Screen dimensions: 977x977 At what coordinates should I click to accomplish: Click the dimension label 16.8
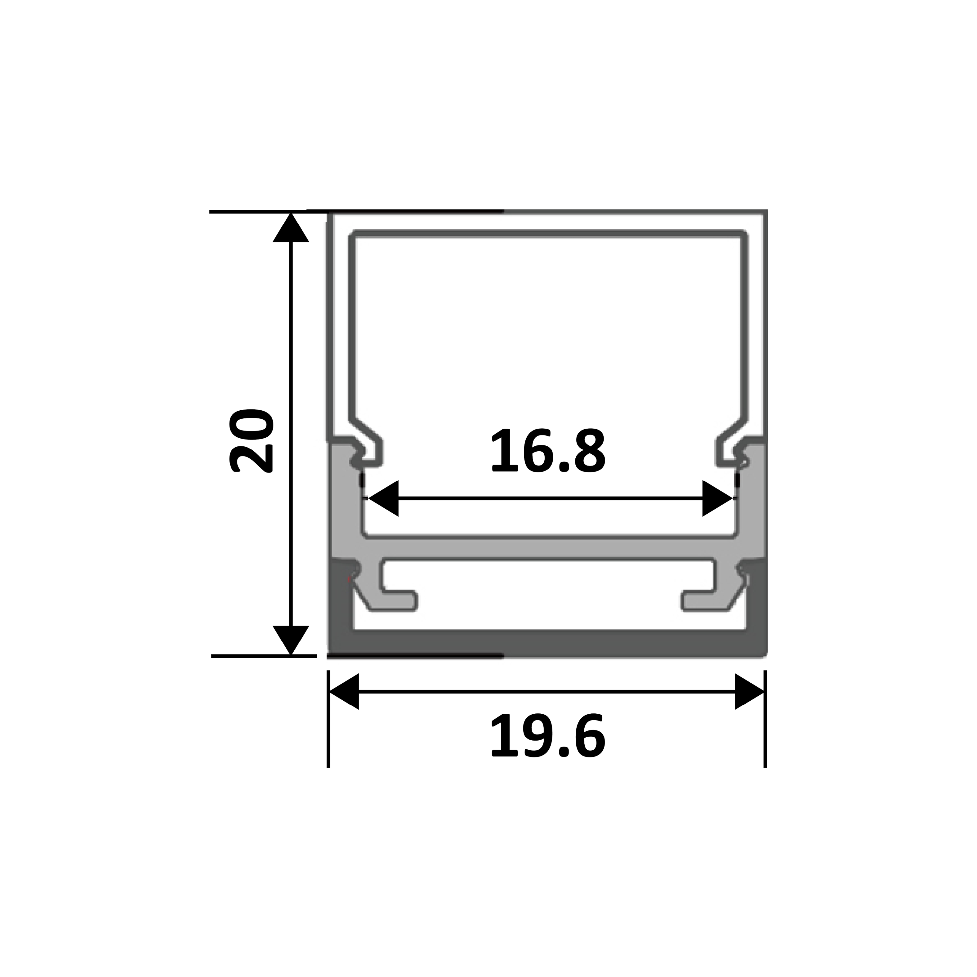(548, 451)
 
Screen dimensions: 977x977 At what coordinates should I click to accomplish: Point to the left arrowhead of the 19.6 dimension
(344, 691)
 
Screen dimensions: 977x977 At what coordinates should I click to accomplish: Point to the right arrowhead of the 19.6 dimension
(749, 691)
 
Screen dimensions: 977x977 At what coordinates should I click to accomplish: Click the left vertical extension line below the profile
(329, 719)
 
